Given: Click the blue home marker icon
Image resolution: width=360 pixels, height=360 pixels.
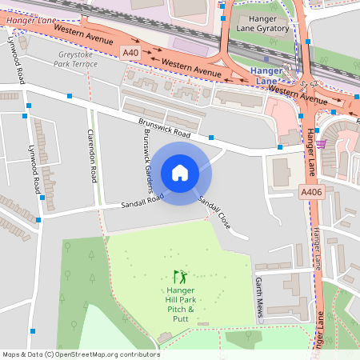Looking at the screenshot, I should click(180, 172).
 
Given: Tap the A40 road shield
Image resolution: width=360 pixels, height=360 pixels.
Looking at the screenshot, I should click(130, 53).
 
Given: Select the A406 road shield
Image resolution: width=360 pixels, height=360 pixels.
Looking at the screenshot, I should click(311, 192).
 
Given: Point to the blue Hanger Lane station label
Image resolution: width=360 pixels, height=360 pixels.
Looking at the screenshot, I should click(266, 75).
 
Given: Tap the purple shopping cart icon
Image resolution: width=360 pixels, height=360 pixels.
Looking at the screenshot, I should click(321, 144).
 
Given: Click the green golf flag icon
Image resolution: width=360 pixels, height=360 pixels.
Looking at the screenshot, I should click(179, 276).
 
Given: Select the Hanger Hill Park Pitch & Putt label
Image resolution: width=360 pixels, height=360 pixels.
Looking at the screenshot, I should click(180, 304).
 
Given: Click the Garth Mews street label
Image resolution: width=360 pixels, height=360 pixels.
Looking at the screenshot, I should click(258, 298).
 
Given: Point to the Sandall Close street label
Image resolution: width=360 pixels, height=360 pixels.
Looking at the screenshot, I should click(214, 213).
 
